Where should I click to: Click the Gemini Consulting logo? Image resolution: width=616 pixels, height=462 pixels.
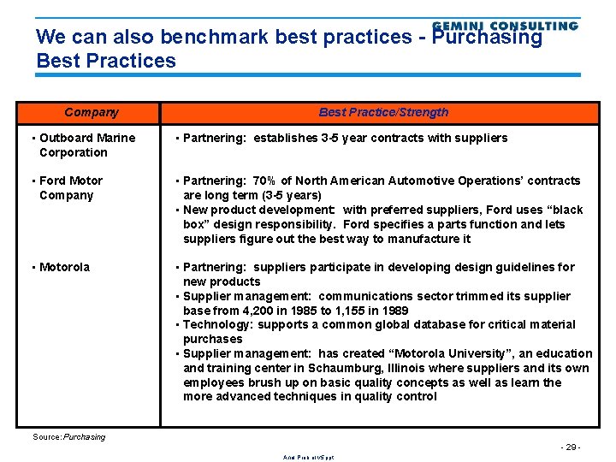(x=505, y=26)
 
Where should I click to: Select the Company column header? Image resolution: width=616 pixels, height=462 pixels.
(x=92, y=112)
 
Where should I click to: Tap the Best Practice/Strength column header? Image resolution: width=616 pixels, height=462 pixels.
(x=383, y=112)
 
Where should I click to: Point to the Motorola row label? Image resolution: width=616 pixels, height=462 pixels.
(x=63, y=267)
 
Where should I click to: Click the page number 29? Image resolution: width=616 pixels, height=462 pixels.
(x=570, y=447)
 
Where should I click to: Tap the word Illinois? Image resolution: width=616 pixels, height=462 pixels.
(x=389, y=369)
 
